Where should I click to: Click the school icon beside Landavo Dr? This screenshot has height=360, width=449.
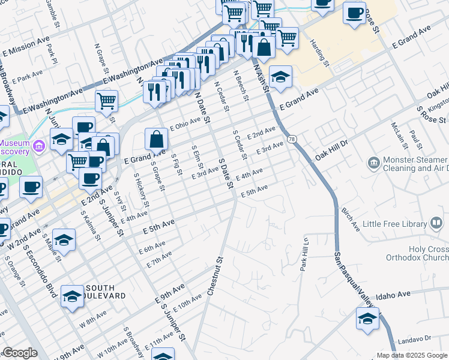(x=367, y=318)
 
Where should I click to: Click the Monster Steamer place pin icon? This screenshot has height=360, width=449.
(x=373, y=163)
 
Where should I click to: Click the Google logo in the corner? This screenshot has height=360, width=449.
(x=19, y=353)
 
